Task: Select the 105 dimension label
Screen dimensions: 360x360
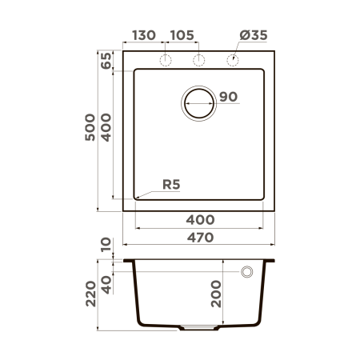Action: [183, 36]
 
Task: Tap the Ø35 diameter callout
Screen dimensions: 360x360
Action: [253, 36]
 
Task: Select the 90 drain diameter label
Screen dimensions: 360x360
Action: [228, 98]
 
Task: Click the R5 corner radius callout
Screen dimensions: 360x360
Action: [171, 185]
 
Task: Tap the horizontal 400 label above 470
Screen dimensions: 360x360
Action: [200, 219]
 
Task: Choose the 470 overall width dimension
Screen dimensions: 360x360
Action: [200, 237]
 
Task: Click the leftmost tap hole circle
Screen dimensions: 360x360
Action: [166, 61]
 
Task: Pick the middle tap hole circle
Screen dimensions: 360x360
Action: [200, 61]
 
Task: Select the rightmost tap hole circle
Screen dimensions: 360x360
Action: [234, 61]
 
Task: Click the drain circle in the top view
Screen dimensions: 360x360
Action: [199, 102]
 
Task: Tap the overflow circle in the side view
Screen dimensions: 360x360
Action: [247, 272]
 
